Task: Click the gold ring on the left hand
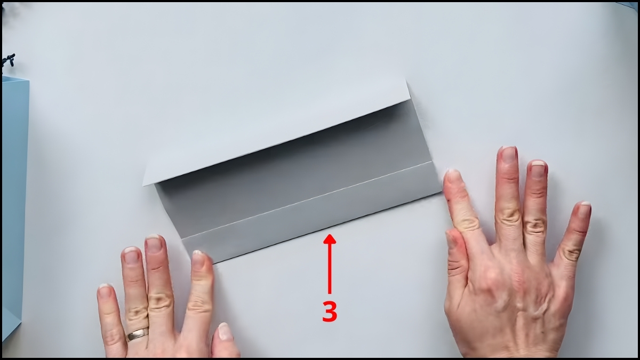pyautogui.click(x=137, y=334)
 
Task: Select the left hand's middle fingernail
pyautogui.click(x=154, y=244)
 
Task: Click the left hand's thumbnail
pyautogui.click(x=225, y=331)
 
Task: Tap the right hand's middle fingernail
pyautogui.click(x=509, y=155)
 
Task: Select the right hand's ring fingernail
pyautogui.click(x=538, y=169)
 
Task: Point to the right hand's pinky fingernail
pyautogui.click(x=585, y=209)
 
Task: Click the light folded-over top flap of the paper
pyautogui.click(x=277, y=133)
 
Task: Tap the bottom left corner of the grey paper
pyautogui.click(x=212, y=262)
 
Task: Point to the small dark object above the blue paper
pyautogui.click(x=9, y=59)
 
